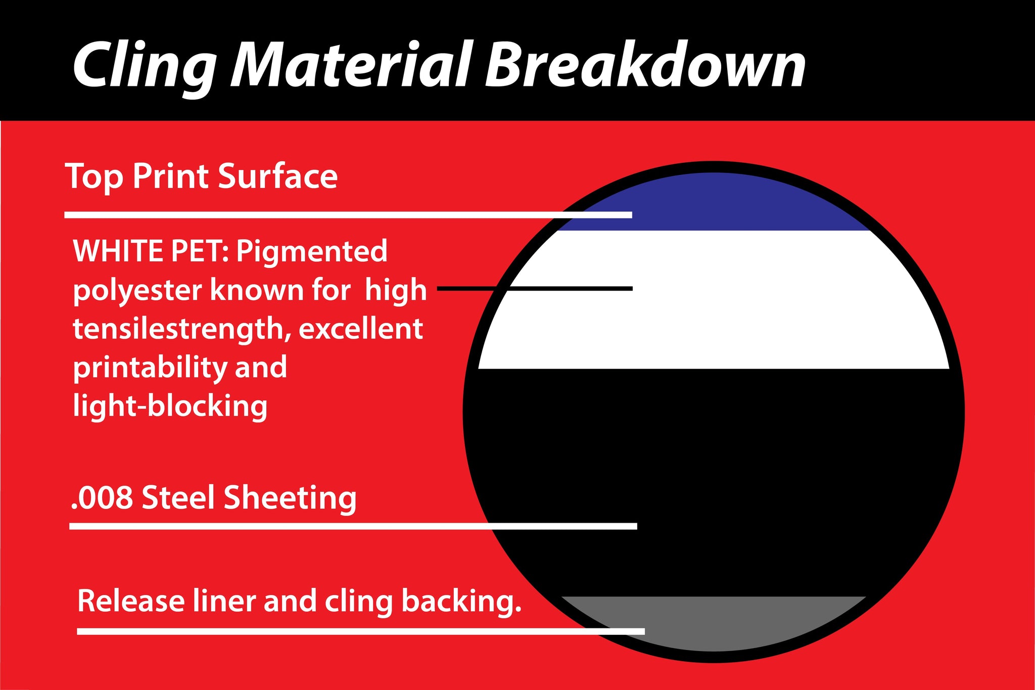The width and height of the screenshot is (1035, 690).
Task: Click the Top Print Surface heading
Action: pos(201,177)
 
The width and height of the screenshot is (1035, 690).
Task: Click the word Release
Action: pos(131,601)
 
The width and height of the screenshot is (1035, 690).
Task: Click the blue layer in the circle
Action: pos(714,202)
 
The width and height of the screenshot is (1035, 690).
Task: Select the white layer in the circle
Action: pos(714,300)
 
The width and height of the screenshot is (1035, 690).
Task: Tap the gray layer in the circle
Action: pos(714,623)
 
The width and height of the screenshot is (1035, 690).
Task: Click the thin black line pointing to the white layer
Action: pos(535,288)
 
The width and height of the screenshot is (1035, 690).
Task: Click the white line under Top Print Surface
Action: pos(348,215)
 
